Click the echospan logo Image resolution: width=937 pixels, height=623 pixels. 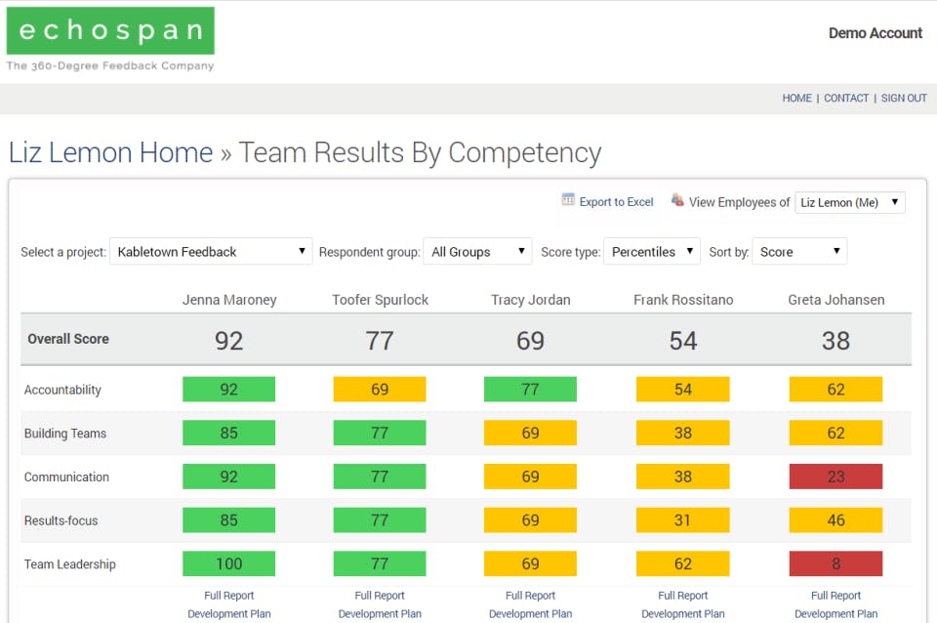110,31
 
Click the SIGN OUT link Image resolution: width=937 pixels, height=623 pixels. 904,99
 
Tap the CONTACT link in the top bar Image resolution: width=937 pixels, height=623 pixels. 846,99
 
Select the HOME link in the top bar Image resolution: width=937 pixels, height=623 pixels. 796,99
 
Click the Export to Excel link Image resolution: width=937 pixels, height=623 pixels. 616,202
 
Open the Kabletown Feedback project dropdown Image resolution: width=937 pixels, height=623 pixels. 211,252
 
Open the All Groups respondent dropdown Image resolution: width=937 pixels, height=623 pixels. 477,252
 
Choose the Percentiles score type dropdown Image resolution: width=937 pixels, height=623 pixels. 652,252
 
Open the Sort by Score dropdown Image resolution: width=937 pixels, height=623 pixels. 799,252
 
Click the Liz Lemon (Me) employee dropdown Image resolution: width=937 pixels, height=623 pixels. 850,202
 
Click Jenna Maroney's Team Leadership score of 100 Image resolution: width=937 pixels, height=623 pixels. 228,564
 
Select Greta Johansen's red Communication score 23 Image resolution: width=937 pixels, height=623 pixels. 835,477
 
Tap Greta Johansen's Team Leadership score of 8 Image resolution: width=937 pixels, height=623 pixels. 835,564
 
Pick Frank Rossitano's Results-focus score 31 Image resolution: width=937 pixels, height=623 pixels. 682,520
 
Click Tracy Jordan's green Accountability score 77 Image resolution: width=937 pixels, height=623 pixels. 530,390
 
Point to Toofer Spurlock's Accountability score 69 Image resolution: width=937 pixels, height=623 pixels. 380,390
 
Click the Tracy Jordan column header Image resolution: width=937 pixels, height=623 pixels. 530,300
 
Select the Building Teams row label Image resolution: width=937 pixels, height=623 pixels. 65,434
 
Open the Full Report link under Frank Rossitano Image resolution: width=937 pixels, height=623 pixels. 682,596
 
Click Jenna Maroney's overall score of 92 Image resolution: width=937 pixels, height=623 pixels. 228,340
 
